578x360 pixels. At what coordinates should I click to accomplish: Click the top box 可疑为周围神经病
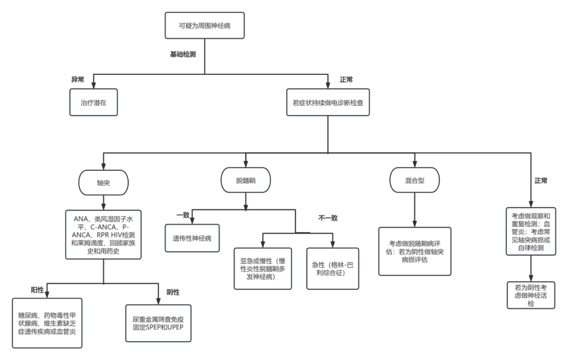click(204, 26)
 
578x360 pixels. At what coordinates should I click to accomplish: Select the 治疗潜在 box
click(94, 102)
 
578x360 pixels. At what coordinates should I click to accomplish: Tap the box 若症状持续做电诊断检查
click(328, 102)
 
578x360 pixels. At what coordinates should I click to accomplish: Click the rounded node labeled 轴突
click(103, 182)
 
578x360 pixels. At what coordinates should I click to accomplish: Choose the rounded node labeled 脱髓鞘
click(246, 180)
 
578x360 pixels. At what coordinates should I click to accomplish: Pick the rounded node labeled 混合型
click(415, 180)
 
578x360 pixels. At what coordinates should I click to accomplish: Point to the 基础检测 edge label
click(183, 55)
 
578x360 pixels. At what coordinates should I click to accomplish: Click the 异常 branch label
click(78, 80)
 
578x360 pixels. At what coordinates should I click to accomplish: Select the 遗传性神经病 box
click(192, 238)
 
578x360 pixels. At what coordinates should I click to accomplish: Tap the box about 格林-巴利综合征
click(332, 269)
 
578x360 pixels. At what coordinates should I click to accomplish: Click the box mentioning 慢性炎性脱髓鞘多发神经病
click(263, 269)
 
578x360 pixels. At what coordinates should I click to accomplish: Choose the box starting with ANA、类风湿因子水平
click(103, 235)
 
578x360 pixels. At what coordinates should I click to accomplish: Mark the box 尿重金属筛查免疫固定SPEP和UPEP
click(158, 323)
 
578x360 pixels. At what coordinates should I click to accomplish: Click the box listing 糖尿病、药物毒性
click(47, 323)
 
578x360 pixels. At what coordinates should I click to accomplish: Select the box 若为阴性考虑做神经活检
click(531, 295)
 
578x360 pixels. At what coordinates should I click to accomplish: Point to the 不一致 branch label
click(328, 218)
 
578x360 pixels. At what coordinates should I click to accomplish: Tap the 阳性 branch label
click(37, 290)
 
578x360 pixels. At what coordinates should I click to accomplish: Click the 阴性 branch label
click(173, 292)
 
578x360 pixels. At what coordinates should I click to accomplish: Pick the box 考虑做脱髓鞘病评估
click(415, 251)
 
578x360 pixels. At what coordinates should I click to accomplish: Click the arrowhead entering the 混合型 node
click(415, 164)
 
